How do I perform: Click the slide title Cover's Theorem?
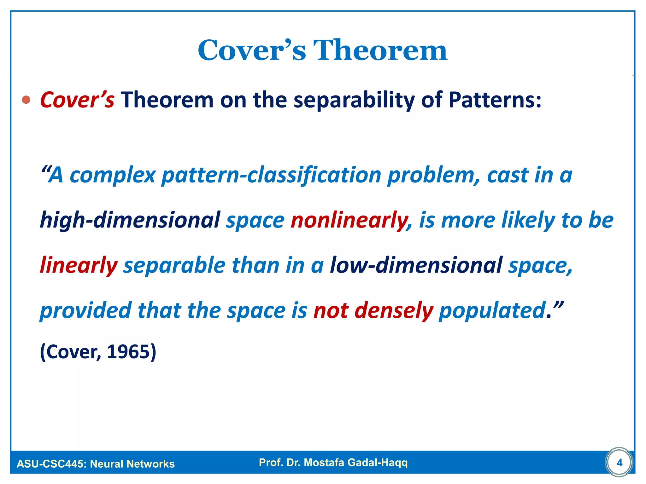coord(322,50)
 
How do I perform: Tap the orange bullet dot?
coord(26,100)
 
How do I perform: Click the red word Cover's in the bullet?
coord(77,100)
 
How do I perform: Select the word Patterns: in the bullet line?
coord(495,100)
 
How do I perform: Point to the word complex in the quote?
coord(113,175)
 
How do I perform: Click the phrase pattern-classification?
coord(271,175)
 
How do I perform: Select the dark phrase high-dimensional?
coord(130,220)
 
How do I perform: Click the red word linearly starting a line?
coord(79,265)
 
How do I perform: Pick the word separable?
coord(174,265)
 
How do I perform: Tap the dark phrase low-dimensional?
coord(416,265)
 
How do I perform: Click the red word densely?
coord(394,310)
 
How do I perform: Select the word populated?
coord(492,310)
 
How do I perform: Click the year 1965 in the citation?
coord(128,352)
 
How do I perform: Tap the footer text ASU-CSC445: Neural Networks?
coord(96,464)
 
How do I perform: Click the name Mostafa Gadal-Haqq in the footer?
coord(355,462)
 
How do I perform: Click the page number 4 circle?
coord(619,462)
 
